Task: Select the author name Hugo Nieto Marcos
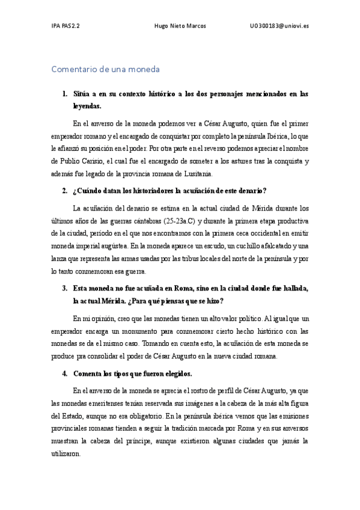tap(180, 26)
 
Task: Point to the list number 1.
tap(64, 94)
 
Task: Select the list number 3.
tap(64, 287)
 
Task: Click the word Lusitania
tap(194, 174)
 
